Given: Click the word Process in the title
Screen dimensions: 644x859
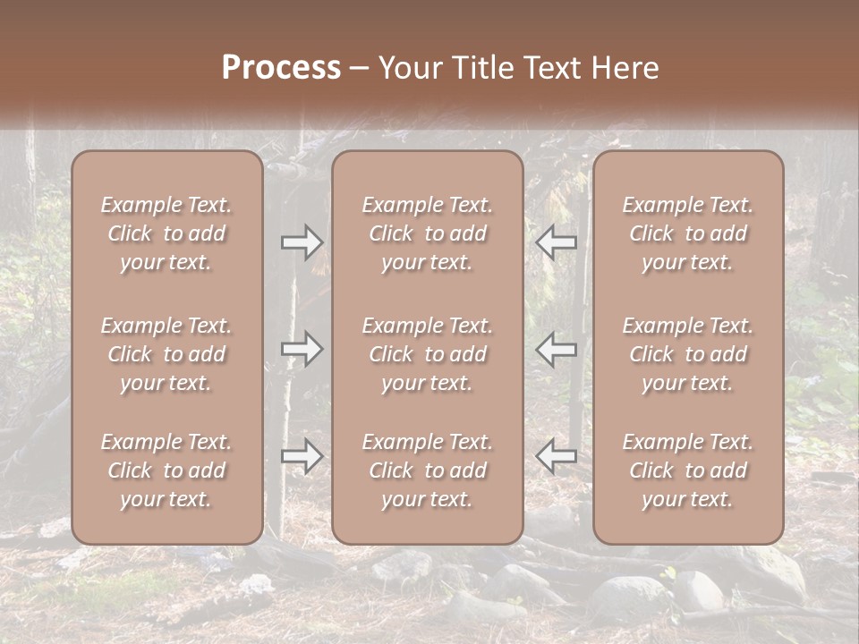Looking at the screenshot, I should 281,68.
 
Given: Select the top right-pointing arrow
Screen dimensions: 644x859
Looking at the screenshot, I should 302,241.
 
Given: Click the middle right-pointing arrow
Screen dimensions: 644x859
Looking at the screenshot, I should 302,349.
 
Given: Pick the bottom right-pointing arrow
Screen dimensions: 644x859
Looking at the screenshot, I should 302,456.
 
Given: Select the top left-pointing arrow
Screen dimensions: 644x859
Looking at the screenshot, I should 556,241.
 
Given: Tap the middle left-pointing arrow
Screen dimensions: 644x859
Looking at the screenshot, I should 556,349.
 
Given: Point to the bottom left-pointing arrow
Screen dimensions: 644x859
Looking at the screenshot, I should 556,456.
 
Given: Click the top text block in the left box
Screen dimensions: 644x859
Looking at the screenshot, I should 166,233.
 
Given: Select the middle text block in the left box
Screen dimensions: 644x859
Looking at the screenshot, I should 166,354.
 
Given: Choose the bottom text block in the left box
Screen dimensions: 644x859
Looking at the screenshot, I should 166,470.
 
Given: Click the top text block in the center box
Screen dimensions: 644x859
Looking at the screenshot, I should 427,233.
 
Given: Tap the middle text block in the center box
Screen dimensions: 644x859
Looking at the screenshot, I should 427,354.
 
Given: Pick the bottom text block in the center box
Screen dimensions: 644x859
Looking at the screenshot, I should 427,470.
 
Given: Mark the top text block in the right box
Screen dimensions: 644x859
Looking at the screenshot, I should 687,233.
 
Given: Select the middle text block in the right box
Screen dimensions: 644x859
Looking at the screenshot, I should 687,354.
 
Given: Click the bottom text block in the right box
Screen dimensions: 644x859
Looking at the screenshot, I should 687,470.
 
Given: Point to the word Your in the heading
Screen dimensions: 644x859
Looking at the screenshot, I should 406,68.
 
